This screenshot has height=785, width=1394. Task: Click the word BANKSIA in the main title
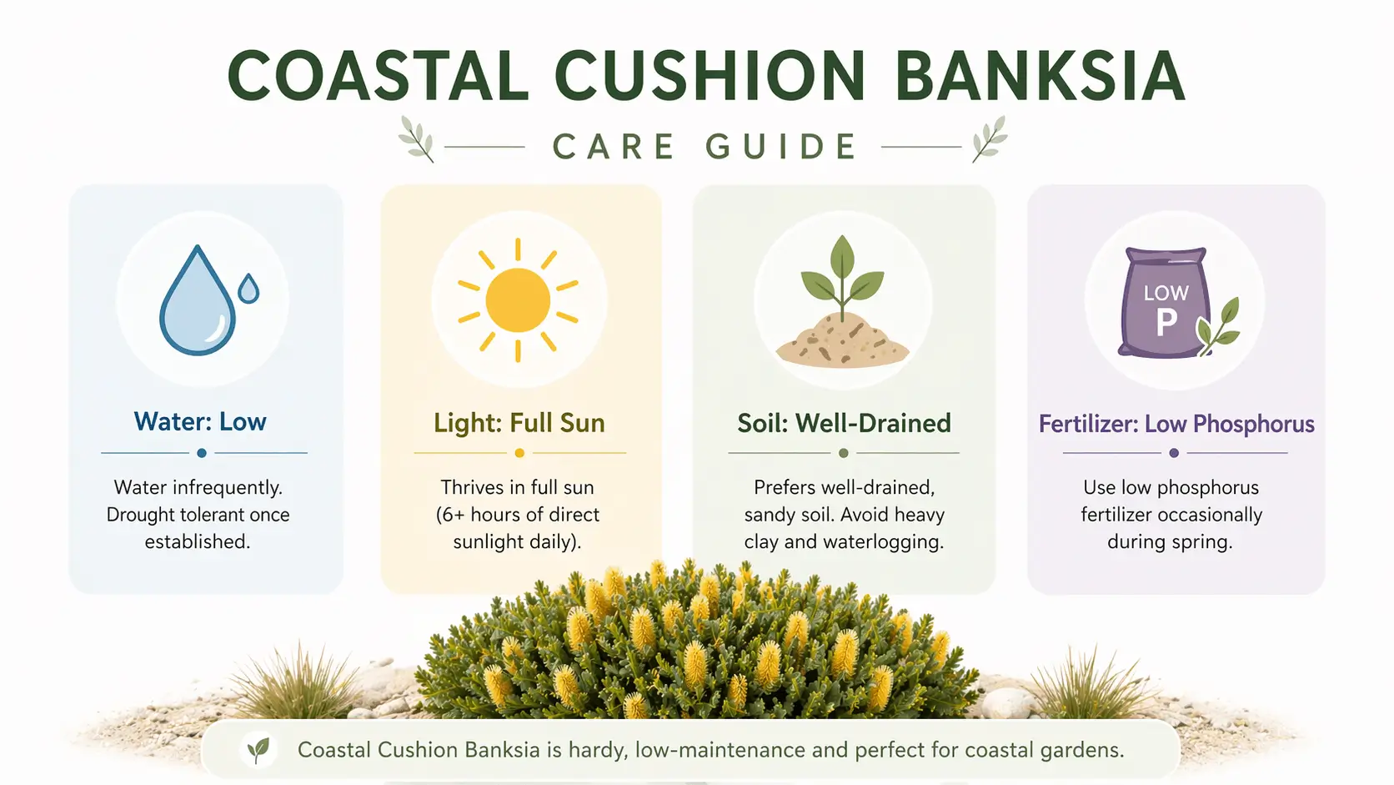pyautogui.click(x=1040, y=77)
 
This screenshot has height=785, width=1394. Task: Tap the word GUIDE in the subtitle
pyautogui.click(x=781, y=147)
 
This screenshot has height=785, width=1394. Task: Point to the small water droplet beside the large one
pyautogui.click(x=248, y=289)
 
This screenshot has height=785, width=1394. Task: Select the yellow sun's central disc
pyautogui.click(x=518, y=300)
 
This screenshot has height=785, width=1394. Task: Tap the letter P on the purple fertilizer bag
pyautogui.click(x=1166, y=322)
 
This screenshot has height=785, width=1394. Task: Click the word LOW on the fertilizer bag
pyautogui.click(x=1166, y=293)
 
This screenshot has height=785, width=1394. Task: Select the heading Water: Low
pyautogui.click(x=200, y=422)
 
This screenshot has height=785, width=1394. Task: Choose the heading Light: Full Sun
pyautogui.click(x=519, y=423)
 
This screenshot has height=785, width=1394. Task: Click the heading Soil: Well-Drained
pyautogui.click(x=844, y=423)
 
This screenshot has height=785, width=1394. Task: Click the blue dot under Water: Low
pyautogui.click(x=202, y=453)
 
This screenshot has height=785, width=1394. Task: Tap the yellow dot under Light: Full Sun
pyautogui.click(x=519, y=453)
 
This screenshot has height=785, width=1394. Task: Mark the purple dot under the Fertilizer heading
pyautogui.click(x=1174, y=453)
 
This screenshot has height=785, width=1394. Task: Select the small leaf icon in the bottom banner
pyautogui.click(x=258, y=749)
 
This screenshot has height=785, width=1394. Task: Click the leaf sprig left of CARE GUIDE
pyautogui.click(x=417, y=138)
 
